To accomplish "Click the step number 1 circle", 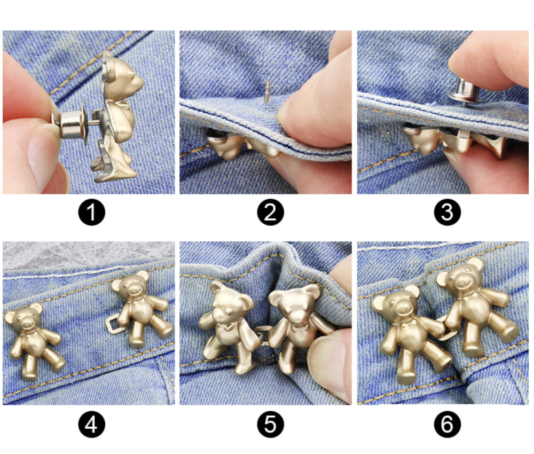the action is point(92,212).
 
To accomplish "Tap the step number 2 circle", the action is point(270,212).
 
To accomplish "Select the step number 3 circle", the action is point(447,212).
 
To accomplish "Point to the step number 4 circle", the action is point(92,425).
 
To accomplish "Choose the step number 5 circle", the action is point(270,425).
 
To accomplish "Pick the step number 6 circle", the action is point(447,425).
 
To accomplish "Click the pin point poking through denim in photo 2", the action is point(267,90).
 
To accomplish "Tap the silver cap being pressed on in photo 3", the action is point(466,91).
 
